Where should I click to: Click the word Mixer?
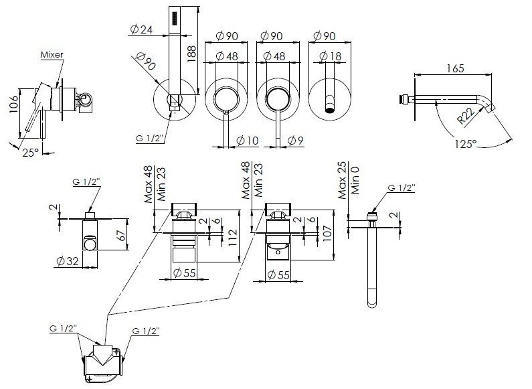[x=52, y=55]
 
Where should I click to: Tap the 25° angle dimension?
[x=31, y=153]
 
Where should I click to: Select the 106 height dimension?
[x=13, y=104]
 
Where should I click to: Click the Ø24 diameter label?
[x=141, y=30]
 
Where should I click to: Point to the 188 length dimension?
[x=191, y=54]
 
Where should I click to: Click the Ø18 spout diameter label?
[x=330, y=56]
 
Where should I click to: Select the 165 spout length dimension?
[x=454, y=68]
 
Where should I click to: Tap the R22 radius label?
[x=466, y=114]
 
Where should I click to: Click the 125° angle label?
[x=466, y=144]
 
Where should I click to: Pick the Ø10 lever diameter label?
[x=248, y=140]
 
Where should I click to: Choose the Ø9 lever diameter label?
[x=295, y=140]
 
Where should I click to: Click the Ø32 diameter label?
[x=68, y=261]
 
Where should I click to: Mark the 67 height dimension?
[x=122, y=234]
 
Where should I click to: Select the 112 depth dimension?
[x=233, y=238]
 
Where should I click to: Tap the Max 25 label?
[x=343, y=181]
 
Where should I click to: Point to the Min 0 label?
[x=355, y=180]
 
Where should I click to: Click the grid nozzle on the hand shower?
[x=175, y=18]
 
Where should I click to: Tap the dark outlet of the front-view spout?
[x=330, y=110]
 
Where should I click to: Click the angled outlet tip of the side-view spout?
[x=491, y=108]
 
